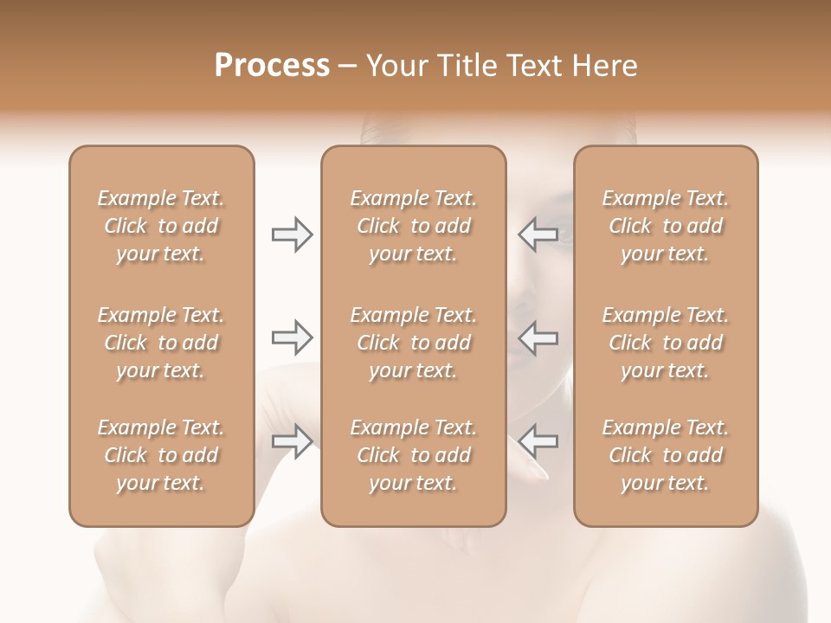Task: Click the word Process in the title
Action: (x=272, y=66)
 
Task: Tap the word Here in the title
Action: (x=603, y=66)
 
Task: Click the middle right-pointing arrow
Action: (x=293, y=337)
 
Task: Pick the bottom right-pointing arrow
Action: (x=293, y=441)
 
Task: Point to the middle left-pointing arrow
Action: (x=538, y=337)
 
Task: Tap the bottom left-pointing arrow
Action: (x=538, y=441)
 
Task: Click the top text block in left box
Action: (x=161, y=226)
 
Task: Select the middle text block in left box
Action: (x=161, y=343)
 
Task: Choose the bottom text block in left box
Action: (x=161, y=455)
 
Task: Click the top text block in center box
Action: (x=414, y=226)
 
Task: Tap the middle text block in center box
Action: (x=414, y=343)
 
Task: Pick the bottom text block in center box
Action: (x=414, y=455)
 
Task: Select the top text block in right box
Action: (x=666, y=226)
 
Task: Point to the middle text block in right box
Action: (x=666, y=343)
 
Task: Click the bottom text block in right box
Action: (x=666, y=455)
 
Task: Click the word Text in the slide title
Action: (x=536, y=66)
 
